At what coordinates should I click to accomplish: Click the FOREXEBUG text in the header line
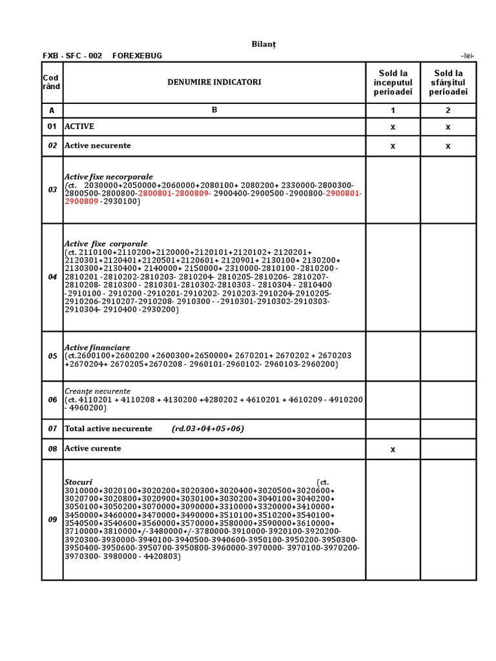click(137, 56)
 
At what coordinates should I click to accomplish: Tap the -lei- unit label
click(468, 56)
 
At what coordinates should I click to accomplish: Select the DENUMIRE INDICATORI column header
click(214, 83)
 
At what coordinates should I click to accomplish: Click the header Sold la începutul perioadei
click(393, 83)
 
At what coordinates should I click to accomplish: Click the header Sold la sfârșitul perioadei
click(448, 83)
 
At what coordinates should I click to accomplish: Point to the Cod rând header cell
click(52, 83)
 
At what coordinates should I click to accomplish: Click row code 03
click(52, 190)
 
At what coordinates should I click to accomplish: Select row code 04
click(52, 277)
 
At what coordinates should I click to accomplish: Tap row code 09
click(52, 520)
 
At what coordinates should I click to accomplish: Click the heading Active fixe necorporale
click(108, 177)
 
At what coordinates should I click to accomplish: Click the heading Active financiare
click(97, 348)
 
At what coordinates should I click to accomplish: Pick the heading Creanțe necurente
click(97, 391)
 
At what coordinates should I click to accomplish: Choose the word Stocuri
click(78, 482)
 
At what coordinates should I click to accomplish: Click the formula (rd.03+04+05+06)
click(207, 429)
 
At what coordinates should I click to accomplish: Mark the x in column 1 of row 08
click(393, 449)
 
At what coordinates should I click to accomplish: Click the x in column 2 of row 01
click(448, 127)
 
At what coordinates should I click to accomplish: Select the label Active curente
click(92, 449)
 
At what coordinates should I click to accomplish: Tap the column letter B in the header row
click(214, 110)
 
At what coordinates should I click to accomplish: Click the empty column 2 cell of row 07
click(448, 429)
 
